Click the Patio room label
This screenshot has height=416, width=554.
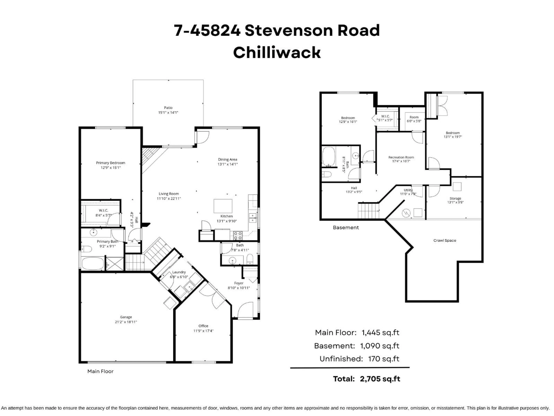pyautogui.click(x=168, y=108)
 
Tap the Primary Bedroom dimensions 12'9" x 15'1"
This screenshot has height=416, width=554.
pyautogui.click(x=111, y=168)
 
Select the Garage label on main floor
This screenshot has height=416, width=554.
pyautogui.click(x=126, y=317)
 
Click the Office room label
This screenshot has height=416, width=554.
pyautogui.click(x=203, y=326)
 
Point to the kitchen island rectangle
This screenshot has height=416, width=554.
pyautogui.click(x=223, y=206)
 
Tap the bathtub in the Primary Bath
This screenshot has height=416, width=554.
pyautogui.click(x=92, y=263)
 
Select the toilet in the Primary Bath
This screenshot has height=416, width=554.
pyautogui.click(x=86, y=249)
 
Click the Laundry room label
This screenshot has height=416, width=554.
pyautogui.click(x=179, y=272)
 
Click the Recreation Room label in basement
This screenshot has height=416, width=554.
pyautogui.click(x=401, y=157)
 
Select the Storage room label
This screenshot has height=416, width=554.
pyautogui.click(x=455, y=198)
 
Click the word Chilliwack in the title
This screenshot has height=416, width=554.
pyautogui.click(x=277, y=53)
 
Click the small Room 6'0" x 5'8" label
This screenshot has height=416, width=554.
pyautogui.click(x=414, y=117)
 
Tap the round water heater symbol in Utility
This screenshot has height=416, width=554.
pyautogui.click(x=406, y=213)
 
